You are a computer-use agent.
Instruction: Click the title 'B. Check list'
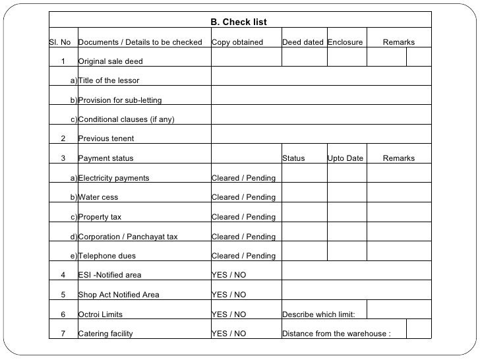238,22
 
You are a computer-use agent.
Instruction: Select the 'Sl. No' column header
60,43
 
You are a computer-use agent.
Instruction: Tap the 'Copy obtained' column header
237,43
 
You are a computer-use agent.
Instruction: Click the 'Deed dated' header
303,43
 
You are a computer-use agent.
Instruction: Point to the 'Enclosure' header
345,43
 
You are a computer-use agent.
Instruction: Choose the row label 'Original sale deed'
110,62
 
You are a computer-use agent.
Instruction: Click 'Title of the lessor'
109,81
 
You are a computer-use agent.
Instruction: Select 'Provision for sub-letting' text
120,100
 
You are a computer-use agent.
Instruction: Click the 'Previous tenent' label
106,139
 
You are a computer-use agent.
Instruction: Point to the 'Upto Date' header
345,158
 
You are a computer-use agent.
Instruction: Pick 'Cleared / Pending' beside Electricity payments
243,178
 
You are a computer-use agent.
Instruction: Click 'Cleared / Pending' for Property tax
243,217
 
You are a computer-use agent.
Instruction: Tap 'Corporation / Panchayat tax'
128,237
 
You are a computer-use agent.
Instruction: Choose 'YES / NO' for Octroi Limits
228,315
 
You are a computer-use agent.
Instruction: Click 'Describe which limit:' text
318,315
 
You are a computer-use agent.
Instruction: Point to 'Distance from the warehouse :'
336,334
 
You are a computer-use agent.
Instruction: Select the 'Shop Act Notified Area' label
119,295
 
